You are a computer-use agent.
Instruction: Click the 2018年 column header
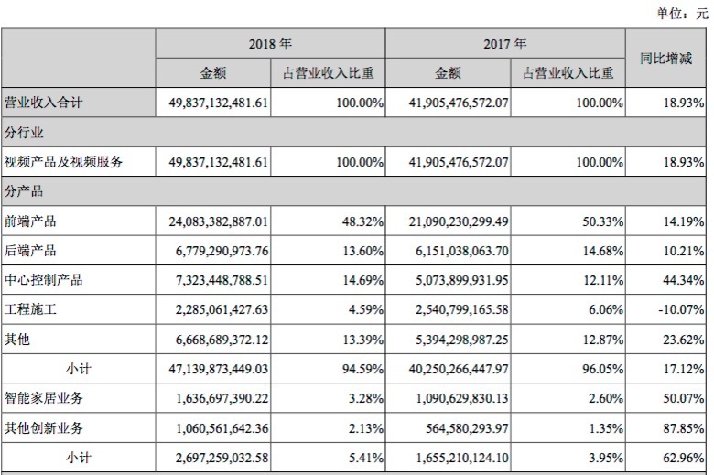[x=270, y=43]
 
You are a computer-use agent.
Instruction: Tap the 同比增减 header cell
[x=665, y=59]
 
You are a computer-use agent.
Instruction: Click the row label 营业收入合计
[x=43, y=103]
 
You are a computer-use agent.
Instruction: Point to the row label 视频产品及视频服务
[x=63, y=163]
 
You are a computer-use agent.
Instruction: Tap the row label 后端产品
[x=30, y=250]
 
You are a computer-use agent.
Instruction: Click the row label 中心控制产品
[x=43, y=279]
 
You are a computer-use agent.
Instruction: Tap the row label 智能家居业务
[x=43, y=398]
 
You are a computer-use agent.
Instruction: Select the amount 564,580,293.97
[x=462, y=427]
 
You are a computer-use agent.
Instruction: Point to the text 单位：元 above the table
[x=682, y=13]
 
